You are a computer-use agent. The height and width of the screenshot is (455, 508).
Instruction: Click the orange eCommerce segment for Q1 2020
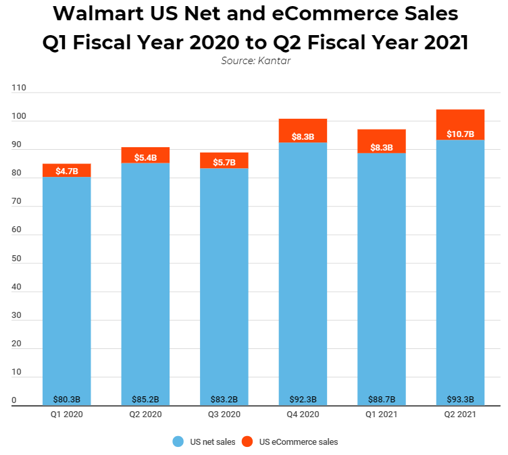[x=66, y=170]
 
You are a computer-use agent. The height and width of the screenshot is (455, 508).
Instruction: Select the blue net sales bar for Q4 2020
[x=303, y=270]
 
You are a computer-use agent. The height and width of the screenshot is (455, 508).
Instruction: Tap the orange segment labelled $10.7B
[x=460, y=125]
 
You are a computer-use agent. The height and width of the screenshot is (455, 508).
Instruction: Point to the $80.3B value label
[x=66, y=398]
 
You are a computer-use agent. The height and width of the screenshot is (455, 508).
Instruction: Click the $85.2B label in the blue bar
[x=145, y=398]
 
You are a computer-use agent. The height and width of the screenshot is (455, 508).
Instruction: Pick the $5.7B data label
[x=224, y=163]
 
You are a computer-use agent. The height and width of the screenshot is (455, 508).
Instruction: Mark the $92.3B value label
[x=303, y=398]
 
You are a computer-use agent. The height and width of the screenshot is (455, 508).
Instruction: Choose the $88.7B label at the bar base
[x=382, y=398]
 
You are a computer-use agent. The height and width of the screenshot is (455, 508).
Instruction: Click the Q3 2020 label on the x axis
[x=224, y=414]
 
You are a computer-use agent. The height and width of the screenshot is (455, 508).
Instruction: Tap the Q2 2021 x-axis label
[x=460, y=414]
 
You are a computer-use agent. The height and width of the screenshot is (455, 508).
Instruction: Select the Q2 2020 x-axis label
[x=145, y=414]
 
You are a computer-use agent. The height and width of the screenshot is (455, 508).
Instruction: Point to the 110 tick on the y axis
[x=18, y=88]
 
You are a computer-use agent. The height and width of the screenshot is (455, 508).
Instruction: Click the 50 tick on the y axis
[x=16, y=259]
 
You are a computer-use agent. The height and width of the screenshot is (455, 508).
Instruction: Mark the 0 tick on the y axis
[x=14, y=401]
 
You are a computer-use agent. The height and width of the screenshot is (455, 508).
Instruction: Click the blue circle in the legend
[x=178, y=441]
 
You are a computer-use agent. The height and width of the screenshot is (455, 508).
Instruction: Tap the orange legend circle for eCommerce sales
[x=247, y=441]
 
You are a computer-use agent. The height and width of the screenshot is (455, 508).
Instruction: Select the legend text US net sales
[x=212, y=442]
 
